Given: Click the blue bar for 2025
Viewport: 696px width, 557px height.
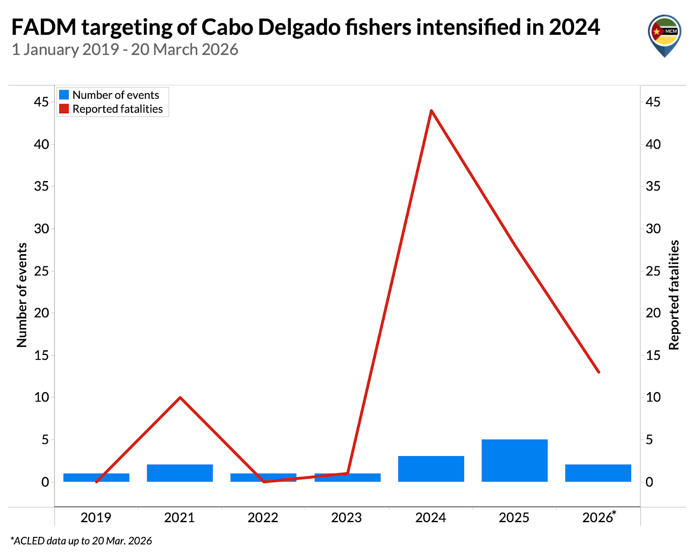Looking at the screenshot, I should tap(515, 460).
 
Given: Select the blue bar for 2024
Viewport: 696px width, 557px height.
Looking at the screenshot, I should tap(431, 469).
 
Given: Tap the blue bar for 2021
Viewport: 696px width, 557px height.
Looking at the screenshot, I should tap(180, 473).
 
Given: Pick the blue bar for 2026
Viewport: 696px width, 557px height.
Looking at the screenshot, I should tap(598, 473).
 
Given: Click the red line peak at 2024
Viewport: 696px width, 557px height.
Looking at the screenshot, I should tap(431, 111).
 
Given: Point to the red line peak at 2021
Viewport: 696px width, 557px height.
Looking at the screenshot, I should tap(180, 397).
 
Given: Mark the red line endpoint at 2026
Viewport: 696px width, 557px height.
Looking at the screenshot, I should tap(599, 372).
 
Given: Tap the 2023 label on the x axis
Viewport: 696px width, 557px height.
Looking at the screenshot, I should tap(347, 517).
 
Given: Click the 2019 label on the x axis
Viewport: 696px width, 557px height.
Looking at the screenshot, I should tap(96, 517).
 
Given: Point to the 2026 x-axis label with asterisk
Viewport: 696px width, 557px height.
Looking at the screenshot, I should tap(599, 517).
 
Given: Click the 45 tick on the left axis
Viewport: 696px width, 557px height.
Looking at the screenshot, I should tap(42, 102).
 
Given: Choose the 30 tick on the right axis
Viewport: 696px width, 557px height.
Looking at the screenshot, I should tap(653, 228).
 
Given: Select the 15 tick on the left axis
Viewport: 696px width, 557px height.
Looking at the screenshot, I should tap(42, 355).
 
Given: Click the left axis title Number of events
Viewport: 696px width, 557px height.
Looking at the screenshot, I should tap(22, 295).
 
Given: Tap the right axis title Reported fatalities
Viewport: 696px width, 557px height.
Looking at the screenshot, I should tap(674, 295).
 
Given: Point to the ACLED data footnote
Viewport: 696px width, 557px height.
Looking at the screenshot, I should tap(81, 541).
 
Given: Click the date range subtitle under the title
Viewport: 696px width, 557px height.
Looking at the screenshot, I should tap(125, 50).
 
